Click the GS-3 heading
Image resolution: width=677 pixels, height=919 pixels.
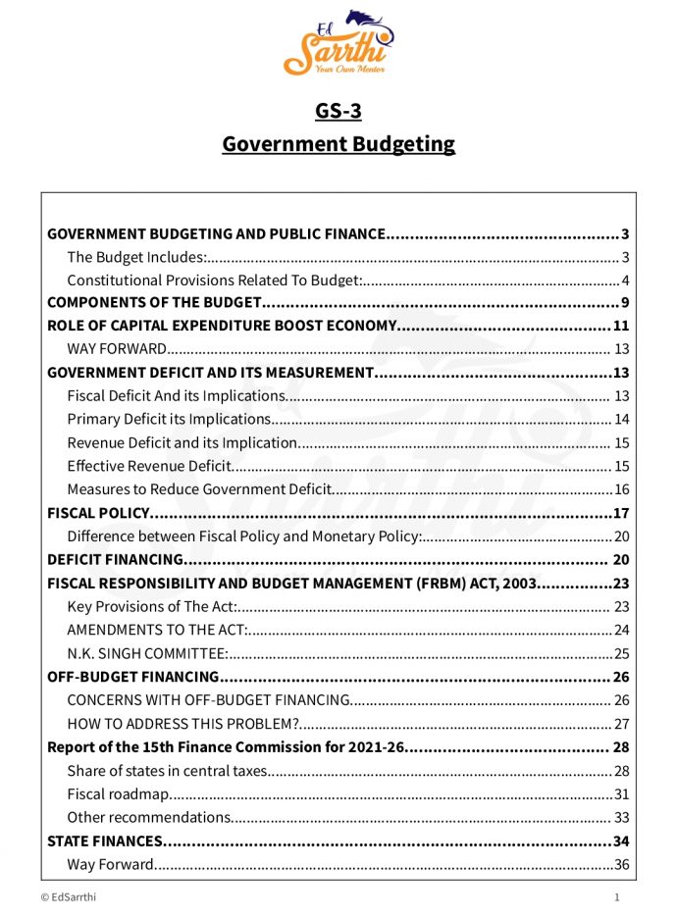pyautogui.click(x=338, y=111)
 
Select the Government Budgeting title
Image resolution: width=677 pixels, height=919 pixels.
pyautogui.click(x=338, y=144)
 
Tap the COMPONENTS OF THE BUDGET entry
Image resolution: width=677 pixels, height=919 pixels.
pyautogui.click(x=155, y=302)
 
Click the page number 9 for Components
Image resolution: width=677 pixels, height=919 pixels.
pyautogui.click(x=624, y=302)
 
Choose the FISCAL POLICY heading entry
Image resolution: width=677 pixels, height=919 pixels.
pyautogui.click(x=98, y=513)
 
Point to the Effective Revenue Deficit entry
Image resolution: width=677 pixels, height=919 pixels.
pyautogui.click(x=149, y=466)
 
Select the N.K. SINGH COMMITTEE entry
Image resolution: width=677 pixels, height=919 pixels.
pyautogui.click(x=147, y=653)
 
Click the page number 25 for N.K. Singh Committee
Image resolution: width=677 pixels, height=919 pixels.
pyautogui.click(x=620, y=653)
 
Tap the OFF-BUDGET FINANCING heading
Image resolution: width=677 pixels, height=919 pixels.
pyautogui.click(x=132, y=677)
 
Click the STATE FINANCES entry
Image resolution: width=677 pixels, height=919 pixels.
pyautogui.click(x=105, y=841)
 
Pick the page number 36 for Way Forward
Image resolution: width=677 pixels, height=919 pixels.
pyautogui.click(x=620, y=864)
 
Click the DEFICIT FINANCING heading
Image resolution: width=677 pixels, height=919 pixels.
pyautogui.click(x=116, y=560)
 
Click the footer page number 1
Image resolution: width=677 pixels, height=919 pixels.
pyautogui.click(x=616, y=896)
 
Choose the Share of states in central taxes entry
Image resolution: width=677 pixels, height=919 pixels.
pyautogui.click(x=167, y=770)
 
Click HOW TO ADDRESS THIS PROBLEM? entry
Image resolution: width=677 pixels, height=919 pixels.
pyautogui.click(x=182, y=724)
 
